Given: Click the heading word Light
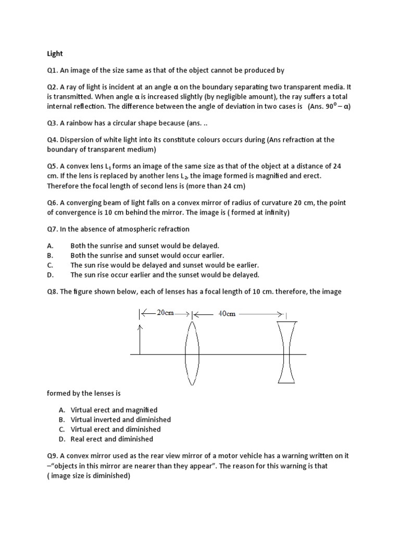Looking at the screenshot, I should [x=54, y=53].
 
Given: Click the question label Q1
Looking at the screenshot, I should [x=53, y=70].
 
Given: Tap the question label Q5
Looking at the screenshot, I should [x=53, y=166].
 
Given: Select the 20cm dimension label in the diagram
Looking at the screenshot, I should [x=165, y=313].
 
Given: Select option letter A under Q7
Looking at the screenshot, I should [x=50, y=245].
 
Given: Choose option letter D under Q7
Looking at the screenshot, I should [x=50, y=275].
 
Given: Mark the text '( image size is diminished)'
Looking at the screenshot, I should [x=89, y=476].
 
